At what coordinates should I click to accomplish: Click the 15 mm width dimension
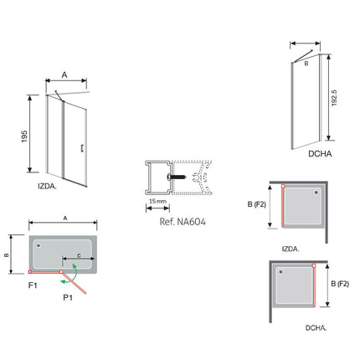[x=157, y=202]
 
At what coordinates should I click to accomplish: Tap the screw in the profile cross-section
[x=179, y=177]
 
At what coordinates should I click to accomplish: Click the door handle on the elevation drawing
[x=81, y=148]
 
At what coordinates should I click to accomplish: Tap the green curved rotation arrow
[x=75, y=273]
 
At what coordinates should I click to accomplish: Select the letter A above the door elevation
[x=64, y=75]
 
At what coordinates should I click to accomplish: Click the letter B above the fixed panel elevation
[x=306, y=61]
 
